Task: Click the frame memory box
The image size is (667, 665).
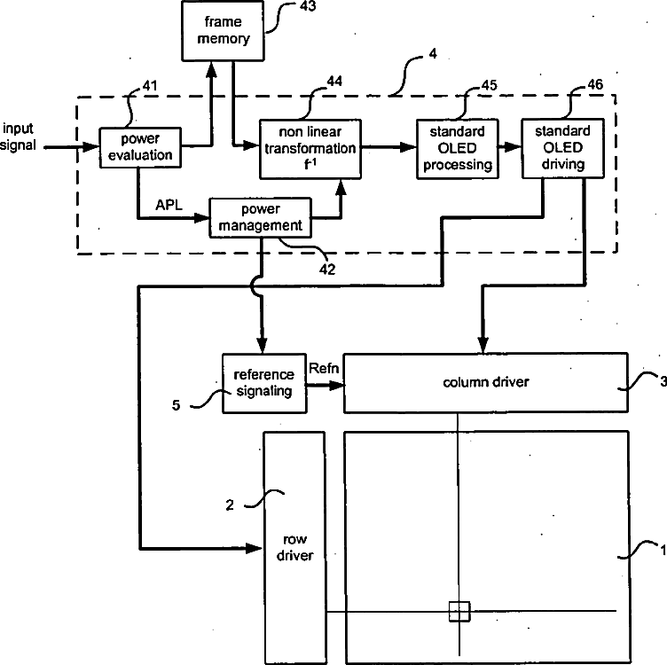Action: pyautogui.click(x=223, y=31)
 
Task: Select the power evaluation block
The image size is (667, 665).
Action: pyautogui.click(x=140, y=147)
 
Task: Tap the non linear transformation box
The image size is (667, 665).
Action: pyautogui.click(x=310, y=149)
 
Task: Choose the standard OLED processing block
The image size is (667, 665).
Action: pyautogui.click(x=458, y=149)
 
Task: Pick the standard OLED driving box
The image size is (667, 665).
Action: pyautogui.click(x=562, y=148)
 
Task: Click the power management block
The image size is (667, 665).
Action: pyautogui.click(x=261, y=217)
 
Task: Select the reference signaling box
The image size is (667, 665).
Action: pyautogui.click(x=264, y=383)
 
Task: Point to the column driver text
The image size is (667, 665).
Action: pyautogui.click(x=486, y=382)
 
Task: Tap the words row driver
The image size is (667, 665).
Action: pyautogui.click(x=294, y=547)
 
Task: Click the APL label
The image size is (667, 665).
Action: pyautogui.click(x=169, y=205)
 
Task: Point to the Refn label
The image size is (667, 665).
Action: pyautogui.click(x=324, y=368)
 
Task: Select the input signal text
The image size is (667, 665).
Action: pyautogui.click(x=18, y=137)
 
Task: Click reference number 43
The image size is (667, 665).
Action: pyautogui.click(x=308, y=6)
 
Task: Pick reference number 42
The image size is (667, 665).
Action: pyautogui.click(x=327, y=270)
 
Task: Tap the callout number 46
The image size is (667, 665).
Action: pyautogui.click(x=595, y=84)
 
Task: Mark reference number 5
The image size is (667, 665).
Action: pyautogui.click(x=177, y=405)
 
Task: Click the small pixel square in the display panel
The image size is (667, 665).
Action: pyautogui.click(x=459, y=612)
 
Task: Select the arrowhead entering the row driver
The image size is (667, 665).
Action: pyautogui.click(x=254, y=548)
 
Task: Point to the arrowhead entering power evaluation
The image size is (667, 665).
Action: pyautogui.click(x=91, y=147)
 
